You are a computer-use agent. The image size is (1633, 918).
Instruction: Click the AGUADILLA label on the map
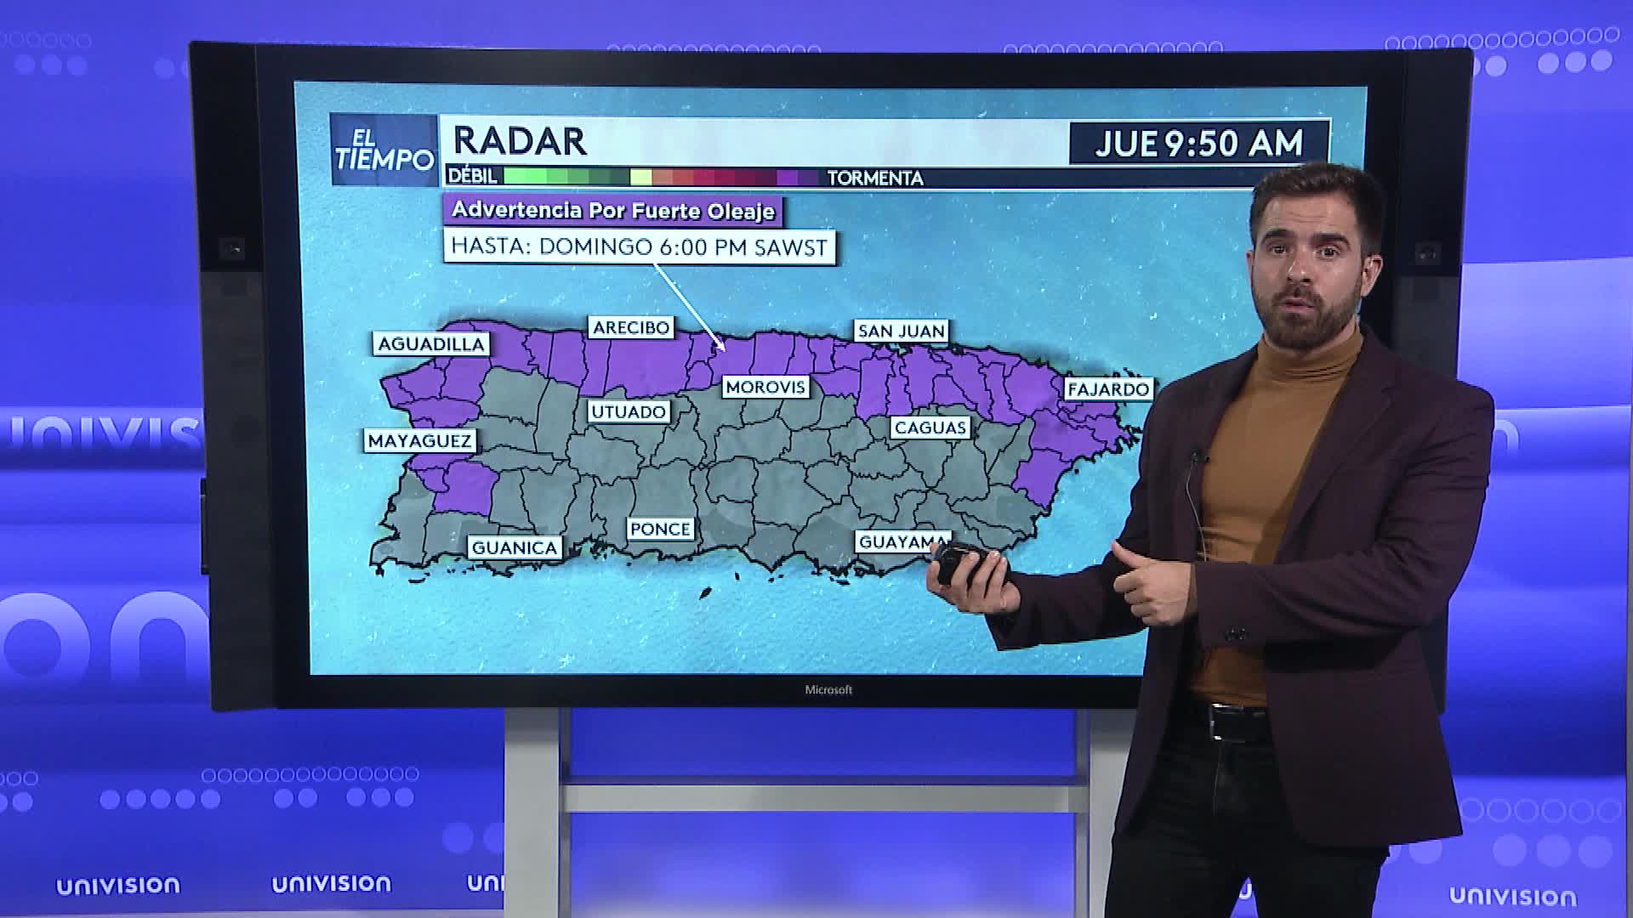[x=430, y=343]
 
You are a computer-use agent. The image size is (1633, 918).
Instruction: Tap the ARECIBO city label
[x=631, y=327]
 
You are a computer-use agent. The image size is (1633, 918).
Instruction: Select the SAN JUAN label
[x=901, y=331]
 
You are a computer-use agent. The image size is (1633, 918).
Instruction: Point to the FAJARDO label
[x=1108, y=388]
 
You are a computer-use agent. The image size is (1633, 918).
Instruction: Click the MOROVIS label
[x=765, y=387]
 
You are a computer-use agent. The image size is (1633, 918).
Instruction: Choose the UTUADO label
[x=629, y=411]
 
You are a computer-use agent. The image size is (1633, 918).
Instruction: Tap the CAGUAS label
[x=930, y=427]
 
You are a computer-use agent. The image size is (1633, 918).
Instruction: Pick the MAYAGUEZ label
[x=419, y=440]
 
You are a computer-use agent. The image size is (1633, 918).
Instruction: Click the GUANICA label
[x=515, y=547]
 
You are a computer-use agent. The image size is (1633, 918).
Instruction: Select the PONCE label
[x=660, y=528]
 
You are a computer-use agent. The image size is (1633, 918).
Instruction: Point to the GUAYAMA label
[x=900, y=541]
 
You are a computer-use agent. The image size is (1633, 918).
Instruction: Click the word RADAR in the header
[x=520, y=141]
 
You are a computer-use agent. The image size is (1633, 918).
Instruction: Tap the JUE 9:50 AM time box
[x=1198, y=143]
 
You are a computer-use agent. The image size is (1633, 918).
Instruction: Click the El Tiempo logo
[x=384, y=150]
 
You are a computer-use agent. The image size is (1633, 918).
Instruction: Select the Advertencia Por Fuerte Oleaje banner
[x=612, y=210]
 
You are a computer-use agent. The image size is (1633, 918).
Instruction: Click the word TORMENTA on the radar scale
[x=875, y=178]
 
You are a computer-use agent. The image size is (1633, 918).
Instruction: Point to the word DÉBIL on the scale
[x=472, y=176]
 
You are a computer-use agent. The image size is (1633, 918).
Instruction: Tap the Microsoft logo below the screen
[x=828, y=689]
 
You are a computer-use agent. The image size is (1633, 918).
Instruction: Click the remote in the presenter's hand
[x=967, y=563]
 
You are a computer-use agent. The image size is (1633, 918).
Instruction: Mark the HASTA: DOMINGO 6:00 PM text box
[x=639, y=246]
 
